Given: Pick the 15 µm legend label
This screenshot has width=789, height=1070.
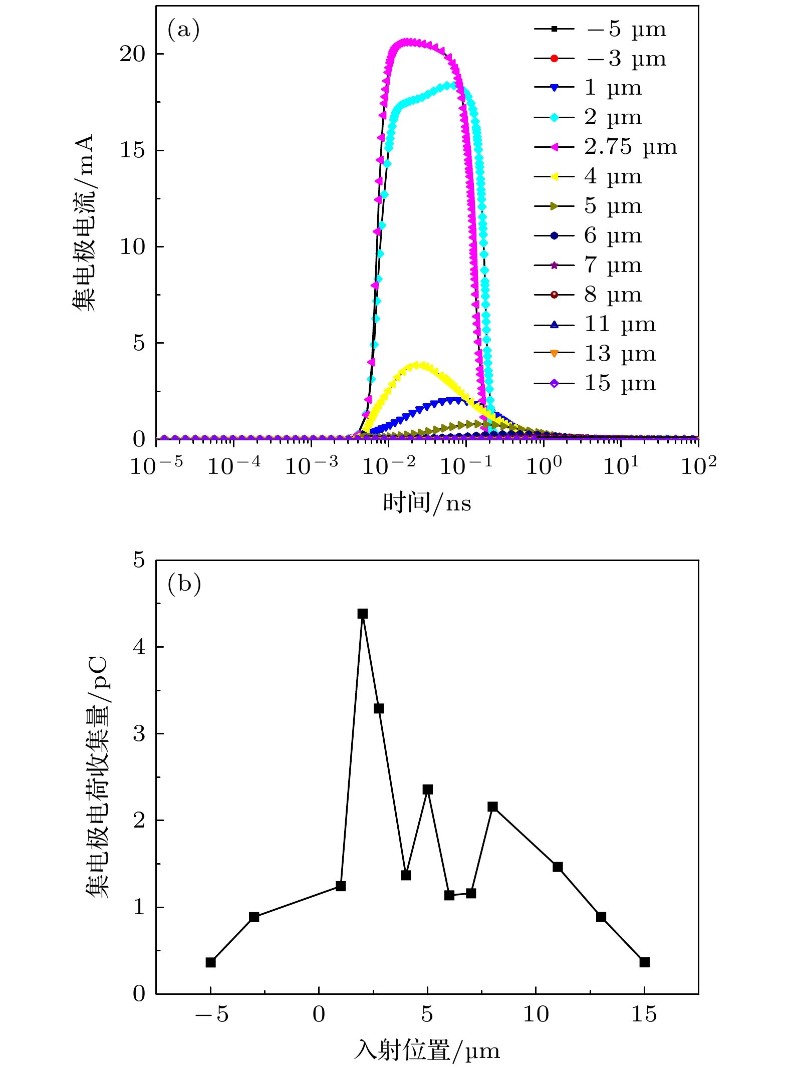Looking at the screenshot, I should tap(620, 384).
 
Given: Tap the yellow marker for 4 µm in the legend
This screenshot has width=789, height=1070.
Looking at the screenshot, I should tap(554, 177).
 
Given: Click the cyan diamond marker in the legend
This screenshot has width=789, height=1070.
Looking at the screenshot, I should tap(554, 118).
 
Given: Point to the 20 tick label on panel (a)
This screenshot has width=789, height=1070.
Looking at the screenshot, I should tap(132, 54).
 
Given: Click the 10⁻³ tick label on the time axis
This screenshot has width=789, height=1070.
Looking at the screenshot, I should tap(311, 466).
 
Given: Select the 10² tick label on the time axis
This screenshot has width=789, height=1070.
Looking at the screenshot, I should tap(698, 466).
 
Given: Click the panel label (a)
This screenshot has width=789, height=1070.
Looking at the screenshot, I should tap(183, 30).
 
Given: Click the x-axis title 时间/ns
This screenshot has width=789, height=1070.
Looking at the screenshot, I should tap(427, 502).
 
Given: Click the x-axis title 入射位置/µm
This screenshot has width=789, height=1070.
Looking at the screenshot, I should tap(427, 1049).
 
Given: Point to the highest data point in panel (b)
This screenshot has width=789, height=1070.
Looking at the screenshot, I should tap(363, 614).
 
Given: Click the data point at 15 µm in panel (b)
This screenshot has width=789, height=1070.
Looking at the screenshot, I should tap(645, 962).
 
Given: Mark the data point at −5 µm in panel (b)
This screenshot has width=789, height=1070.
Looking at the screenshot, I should tap(211, 962).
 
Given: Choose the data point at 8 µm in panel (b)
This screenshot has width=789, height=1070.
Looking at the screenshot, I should tap(492, 807).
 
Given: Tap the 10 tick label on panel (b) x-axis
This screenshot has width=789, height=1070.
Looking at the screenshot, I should tap(536, 1014).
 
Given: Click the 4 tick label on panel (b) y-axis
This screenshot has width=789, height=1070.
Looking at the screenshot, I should tap(139, 647).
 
